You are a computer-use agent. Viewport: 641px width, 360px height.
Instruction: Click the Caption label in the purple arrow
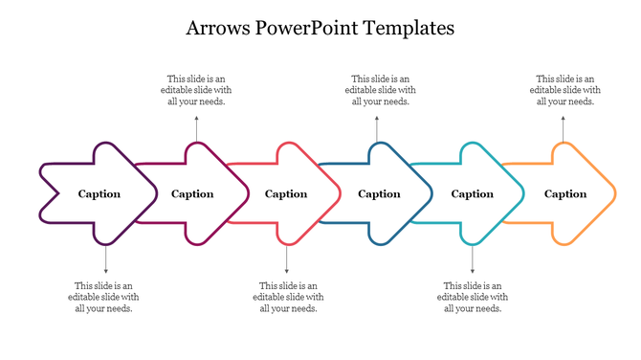(x=99, y=194)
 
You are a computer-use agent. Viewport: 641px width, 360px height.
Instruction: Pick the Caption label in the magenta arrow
(x=192, y=194)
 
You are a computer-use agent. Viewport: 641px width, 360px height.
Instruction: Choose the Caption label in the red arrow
(x=286, y=194)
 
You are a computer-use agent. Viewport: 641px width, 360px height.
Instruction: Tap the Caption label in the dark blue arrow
(x=379, y=194)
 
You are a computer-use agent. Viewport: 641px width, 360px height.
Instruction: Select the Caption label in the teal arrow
(x=473, y=194)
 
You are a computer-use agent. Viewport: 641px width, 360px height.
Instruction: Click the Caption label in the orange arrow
(x=565, y=194)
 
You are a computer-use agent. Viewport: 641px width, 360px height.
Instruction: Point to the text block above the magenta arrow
(x=196, y=90)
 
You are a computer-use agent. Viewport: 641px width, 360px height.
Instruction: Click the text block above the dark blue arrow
(x=381, y=90)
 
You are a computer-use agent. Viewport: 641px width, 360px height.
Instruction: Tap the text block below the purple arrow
(x=104, y=297)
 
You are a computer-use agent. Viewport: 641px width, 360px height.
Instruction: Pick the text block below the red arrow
(x=289, y=297)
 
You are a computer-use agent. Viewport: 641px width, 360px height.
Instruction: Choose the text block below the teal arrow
(x=474, y=297)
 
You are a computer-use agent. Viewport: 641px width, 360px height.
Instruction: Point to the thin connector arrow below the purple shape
(x=105, y=260)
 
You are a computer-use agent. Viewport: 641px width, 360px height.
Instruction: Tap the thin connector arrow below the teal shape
(x=473, y=260)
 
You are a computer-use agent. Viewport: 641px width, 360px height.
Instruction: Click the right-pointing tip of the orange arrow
(x=612, y=194)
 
